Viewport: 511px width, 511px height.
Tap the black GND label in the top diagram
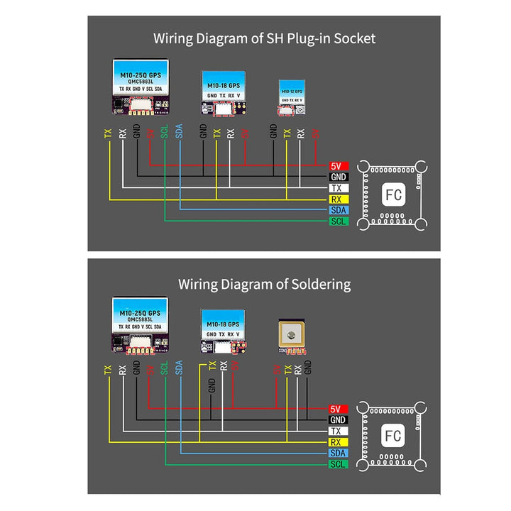click(338, 177)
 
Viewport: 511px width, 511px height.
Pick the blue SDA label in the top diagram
click(338, 211)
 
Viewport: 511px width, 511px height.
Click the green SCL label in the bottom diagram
click(338, 464)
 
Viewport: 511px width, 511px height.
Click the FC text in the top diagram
click(392, 193)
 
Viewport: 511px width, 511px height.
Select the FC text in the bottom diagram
click(392, 435)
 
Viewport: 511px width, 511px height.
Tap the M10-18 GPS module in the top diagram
click(224, 93)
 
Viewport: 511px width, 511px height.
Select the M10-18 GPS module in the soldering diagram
click(224, 331)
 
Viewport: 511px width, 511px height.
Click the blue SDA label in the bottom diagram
click(338, 453)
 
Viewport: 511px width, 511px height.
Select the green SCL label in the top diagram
click(338, 221)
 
